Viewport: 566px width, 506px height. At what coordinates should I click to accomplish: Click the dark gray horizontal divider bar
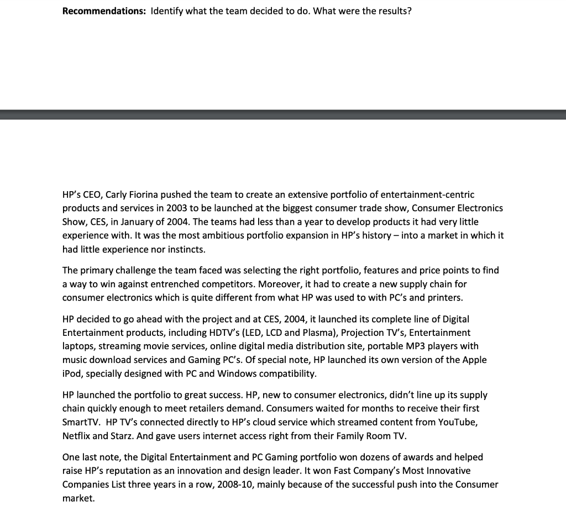(x=283, y=114)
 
